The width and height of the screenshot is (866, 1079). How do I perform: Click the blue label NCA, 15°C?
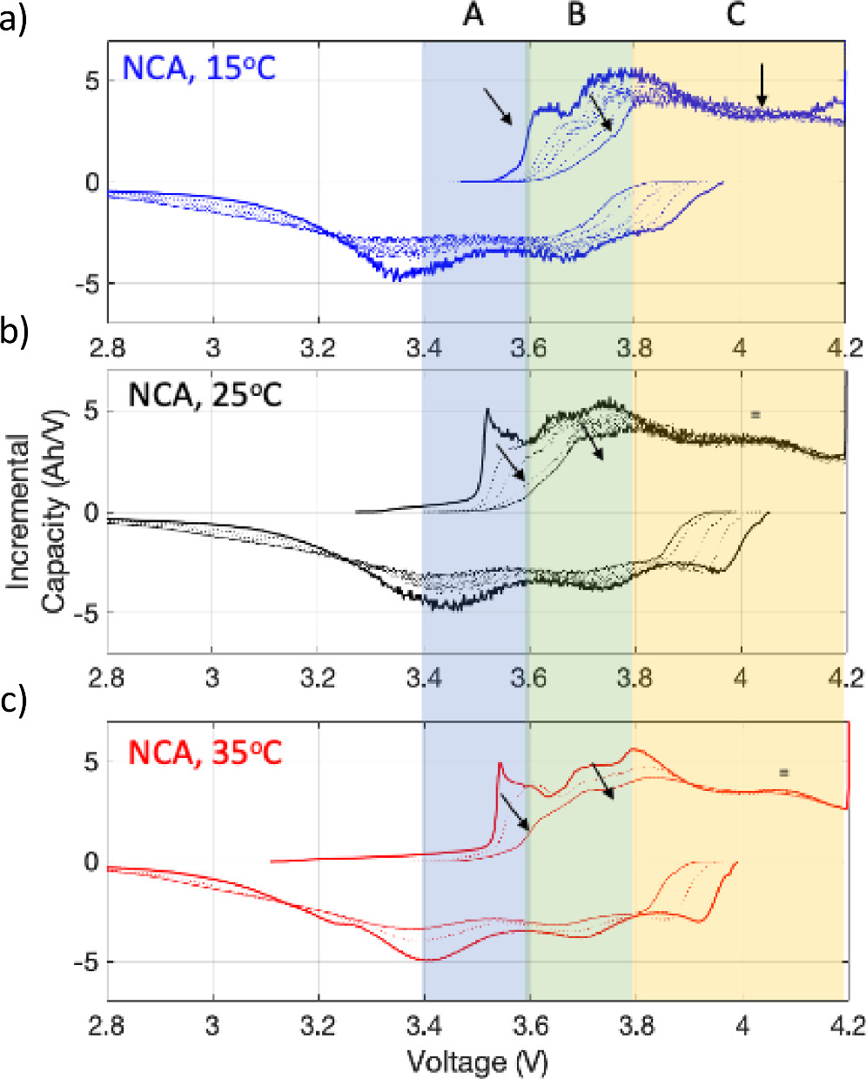point(198,67)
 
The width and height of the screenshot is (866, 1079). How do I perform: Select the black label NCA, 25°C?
point(205,394)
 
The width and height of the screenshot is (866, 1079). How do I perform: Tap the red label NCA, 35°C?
point(205,752)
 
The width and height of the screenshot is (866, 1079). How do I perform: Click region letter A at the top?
point(473,15)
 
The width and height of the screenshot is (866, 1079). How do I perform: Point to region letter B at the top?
point(576,15)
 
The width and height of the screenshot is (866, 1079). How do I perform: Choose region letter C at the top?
point(735,15)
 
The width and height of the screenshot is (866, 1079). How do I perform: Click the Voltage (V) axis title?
point(477,1062)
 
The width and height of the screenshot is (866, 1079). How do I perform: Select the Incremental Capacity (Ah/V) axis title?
point(38,513)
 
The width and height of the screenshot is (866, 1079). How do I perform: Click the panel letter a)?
point(15,18)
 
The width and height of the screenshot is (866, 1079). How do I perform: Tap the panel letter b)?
point(15,333)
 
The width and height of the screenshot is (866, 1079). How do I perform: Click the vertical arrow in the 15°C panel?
point(762,85)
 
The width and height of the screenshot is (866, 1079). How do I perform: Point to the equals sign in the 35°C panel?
point(783,772)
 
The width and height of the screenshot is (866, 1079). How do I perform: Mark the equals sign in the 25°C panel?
point(755,414)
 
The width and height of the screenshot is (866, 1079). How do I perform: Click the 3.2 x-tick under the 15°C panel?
point(318,348)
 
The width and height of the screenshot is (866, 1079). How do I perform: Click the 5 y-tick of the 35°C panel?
point(91,762)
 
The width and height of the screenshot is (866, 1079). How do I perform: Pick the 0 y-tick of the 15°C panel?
point(91,183)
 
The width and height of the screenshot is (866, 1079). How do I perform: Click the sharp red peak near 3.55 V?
point(500,765)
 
